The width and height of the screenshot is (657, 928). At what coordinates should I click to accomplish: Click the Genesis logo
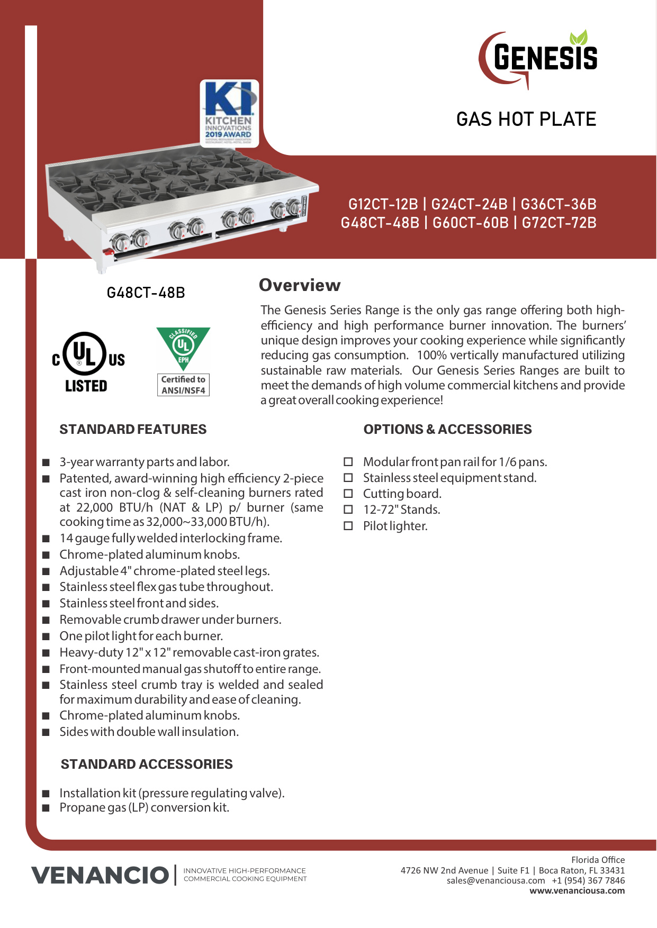[539, 58]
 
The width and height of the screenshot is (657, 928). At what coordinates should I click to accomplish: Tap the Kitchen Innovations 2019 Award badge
[229, 113]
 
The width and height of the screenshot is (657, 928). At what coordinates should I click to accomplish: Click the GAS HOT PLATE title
[526, 120]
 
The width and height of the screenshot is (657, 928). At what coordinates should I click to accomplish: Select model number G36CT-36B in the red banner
[559, 204]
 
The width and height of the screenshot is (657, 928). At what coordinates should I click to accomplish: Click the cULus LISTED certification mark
[88, 362]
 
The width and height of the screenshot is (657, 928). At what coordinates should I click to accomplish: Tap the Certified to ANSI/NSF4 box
[183, 385]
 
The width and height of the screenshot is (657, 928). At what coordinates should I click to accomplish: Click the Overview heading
[300, 285]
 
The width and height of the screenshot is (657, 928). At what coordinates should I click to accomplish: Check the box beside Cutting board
[348, 494]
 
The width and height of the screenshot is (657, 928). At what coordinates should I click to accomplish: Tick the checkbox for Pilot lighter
[348, 526]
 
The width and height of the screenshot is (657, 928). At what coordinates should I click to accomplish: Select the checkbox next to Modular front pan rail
[348, 462]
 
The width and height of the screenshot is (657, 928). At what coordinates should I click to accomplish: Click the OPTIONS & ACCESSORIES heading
[447, 429]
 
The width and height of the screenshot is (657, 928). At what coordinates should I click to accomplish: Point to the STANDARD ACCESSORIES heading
[147, 764]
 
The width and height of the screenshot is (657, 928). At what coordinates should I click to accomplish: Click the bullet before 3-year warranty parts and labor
[46, 462]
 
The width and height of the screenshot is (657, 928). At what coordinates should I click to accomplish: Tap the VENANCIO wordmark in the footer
[100, 875]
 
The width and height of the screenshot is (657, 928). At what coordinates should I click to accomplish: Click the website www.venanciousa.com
[577, 890]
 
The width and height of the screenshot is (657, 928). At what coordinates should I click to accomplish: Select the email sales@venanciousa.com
[496, 880]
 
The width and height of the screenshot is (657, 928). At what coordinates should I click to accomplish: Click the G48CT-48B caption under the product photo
[146, 293]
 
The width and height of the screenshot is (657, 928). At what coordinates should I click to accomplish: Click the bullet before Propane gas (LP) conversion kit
[46, 808]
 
